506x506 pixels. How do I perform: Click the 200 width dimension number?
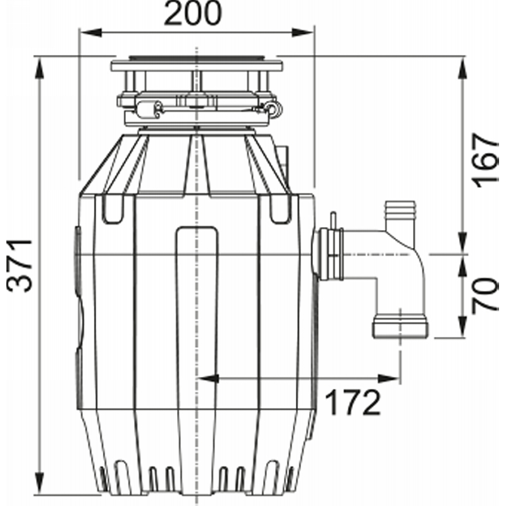click(x=193, y=13)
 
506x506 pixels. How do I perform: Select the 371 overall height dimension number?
click(x=20, y=265)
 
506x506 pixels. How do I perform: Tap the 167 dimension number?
click(x=485, y=161)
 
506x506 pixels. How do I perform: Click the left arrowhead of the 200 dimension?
click(x=90, y=32)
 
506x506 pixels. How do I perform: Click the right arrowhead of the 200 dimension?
click(x=303, y=32)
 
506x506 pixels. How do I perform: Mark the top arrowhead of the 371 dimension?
click(x=39, y=68)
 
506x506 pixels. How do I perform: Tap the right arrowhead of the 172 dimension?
click(x=389, y=378)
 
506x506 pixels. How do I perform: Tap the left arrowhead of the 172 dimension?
click(x=208, y=378)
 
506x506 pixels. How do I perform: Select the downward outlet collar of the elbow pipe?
click(x=400, y=328)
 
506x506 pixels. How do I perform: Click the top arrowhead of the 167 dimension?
click(x=464, y=68)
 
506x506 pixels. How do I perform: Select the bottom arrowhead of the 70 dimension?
click(x=464, y=326)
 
